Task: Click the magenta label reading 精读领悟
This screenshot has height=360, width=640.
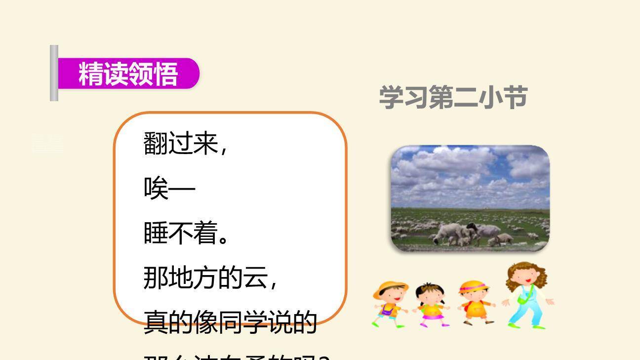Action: [128, 74]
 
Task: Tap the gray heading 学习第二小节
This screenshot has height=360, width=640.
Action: [453, 97]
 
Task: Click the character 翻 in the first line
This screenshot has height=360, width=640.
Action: [156, 143]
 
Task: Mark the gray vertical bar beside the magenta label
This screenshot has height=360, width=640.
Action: [54, 73]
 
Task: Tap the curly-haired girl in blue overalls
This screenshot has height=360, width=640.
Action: [526, 296]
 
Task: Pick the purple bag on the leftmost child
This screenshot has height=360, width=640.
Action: [387, 310]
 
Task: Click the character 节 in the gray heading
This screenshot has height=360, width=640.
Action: [515, 97]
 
